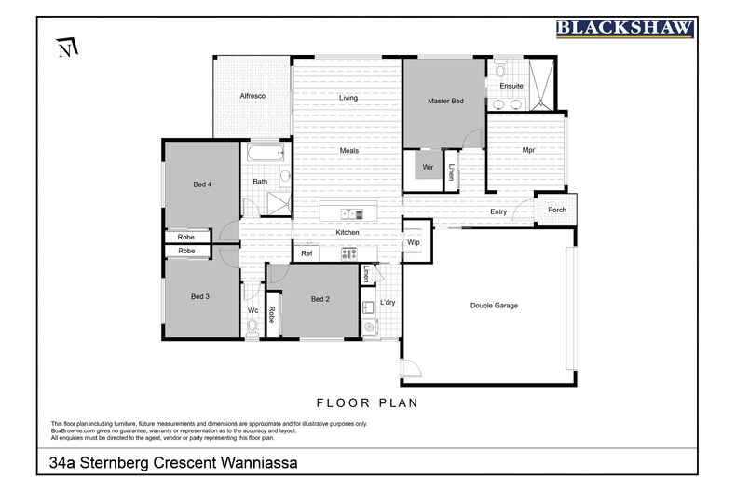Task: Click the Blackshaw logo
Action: click(x=624, y=28)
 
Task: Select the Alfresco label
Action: click(x=252, y=96)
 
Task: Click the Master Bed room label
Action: click(x=444, y=101)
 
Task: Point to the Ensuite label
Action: click(x=511, y=86)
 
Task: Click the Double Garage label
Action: click(x=493, y=306)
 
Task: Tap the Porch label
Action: click(x=557, y=210)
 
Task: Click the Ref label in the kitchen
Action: click(x=306, y=253)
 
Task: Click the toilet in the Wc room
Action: click(x=252, y=326)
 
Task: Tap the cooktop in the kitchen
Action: click(x=349, y=252)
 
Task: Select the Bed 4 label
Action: click(x=202, y=184)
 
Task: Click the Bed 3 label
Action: click(x=200, y=297)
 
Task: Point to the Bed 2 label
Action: click(x=320, y=299)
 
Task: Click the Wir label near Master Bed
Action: click(x=428, y=167)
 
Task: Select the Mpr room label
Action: click(x=527, y=149)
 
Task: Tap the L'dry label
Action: click(x=388, y=303)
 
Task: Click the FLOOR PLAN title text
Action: click(x=367, y=403)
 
